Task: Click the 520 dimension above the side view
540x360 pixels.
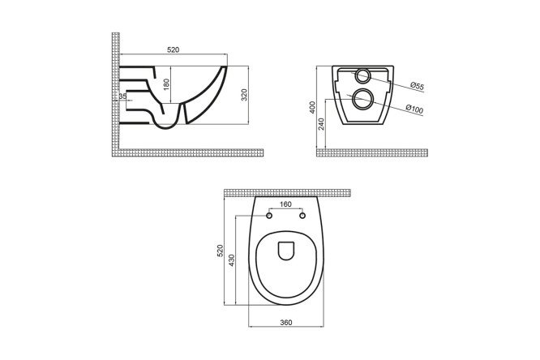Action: click(174, 49)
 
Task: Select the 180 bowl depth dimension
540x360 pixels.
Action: click(166, 85)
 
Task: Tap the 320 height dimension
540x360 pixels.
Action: click(244, 94)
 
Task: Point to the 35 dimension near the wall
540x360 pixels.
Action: click(122, 96)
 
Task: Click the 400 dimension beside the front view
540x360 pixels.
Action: click(312, 107)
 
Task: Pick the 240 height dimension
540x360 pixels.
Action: click(321, 124)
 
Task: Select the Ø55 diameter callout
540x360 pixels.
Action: click(417, 86)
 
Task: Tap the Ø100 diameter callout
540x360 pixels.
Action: click(414, 109)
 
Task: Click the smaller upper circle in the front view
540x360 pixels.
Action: click(362, 75)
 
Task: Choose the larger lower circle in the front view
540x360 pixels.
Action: click(362, 99)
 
